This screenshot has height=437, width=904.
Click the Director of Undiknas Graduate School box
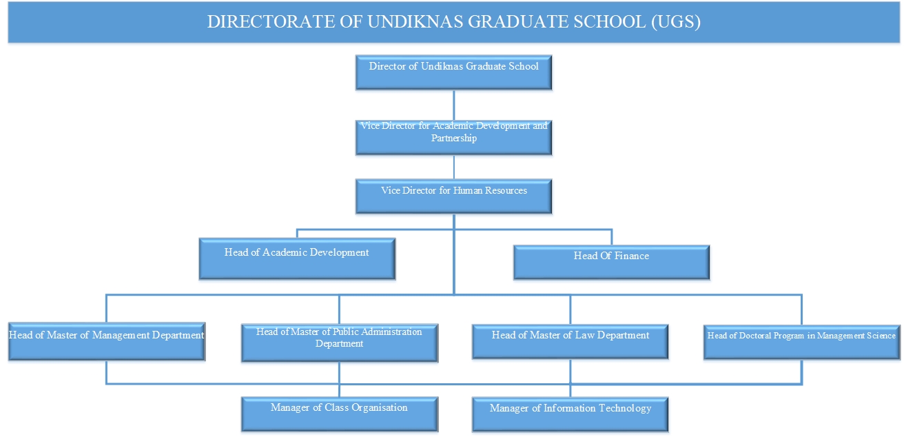[x=453, y=72]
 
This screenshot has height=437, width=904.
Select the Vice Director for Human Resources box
[x=453, y=196]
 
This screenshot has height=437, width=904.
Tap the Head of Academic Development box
[x=297, y=259]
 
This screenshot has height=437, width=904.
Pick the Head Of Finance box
[x=611, y=263]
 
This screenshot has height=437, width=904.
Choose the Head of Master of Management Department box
[x=107, y=342]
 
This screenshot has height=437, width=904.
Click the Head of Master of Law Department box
[x=571, y=342]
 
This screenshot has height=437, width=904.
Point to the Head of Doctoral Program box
[x=801, y=343]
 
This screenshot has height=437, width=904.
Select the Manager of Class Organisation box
[x=340, y=414]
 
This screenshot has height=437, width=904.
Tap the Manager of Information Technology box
[x=571, y=415]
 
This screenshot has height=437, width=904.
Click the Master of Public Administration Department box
[x=340, y=343]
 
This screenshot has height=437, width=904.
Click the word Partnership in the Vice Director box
[x=453, y=138]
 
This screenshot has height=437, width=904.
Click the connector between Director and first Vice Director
[x=453, y=105]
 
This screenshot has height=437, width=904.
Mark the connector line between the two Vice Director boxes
[x=453, y=167]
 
